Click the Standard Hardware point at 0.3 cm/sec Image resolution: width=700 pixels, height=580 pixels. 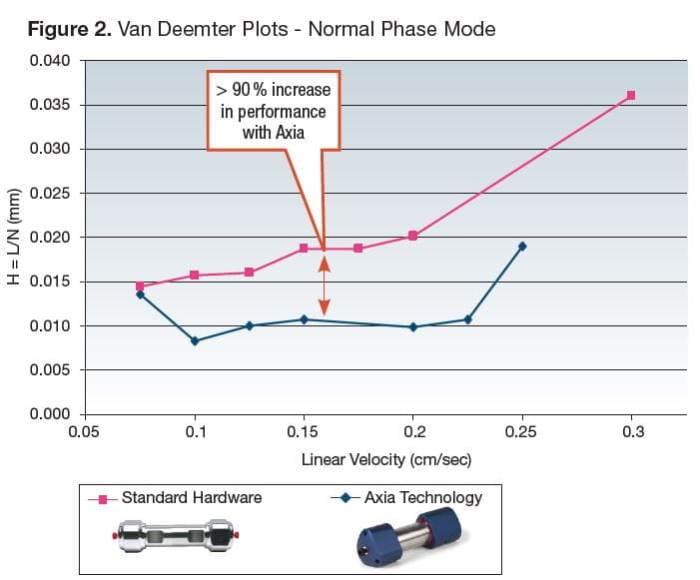630,96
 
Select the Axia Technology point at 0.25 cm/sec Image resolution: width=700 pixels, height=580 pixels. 522,246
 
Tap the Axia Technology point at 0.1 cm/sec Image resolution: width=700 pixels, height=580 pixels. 195,341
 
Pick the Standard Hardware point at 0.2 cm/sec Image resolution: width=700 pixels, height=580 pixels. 412,237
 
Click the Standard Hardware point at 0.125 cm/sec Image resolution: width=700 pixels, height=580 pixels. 250,273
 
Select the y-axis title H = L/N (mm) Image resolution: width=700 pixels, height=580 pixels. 15,238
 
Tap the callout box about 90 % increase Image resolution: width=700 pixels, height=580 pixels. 274,111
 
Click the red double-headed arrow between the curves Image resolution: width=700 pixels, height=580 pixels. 323,286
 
